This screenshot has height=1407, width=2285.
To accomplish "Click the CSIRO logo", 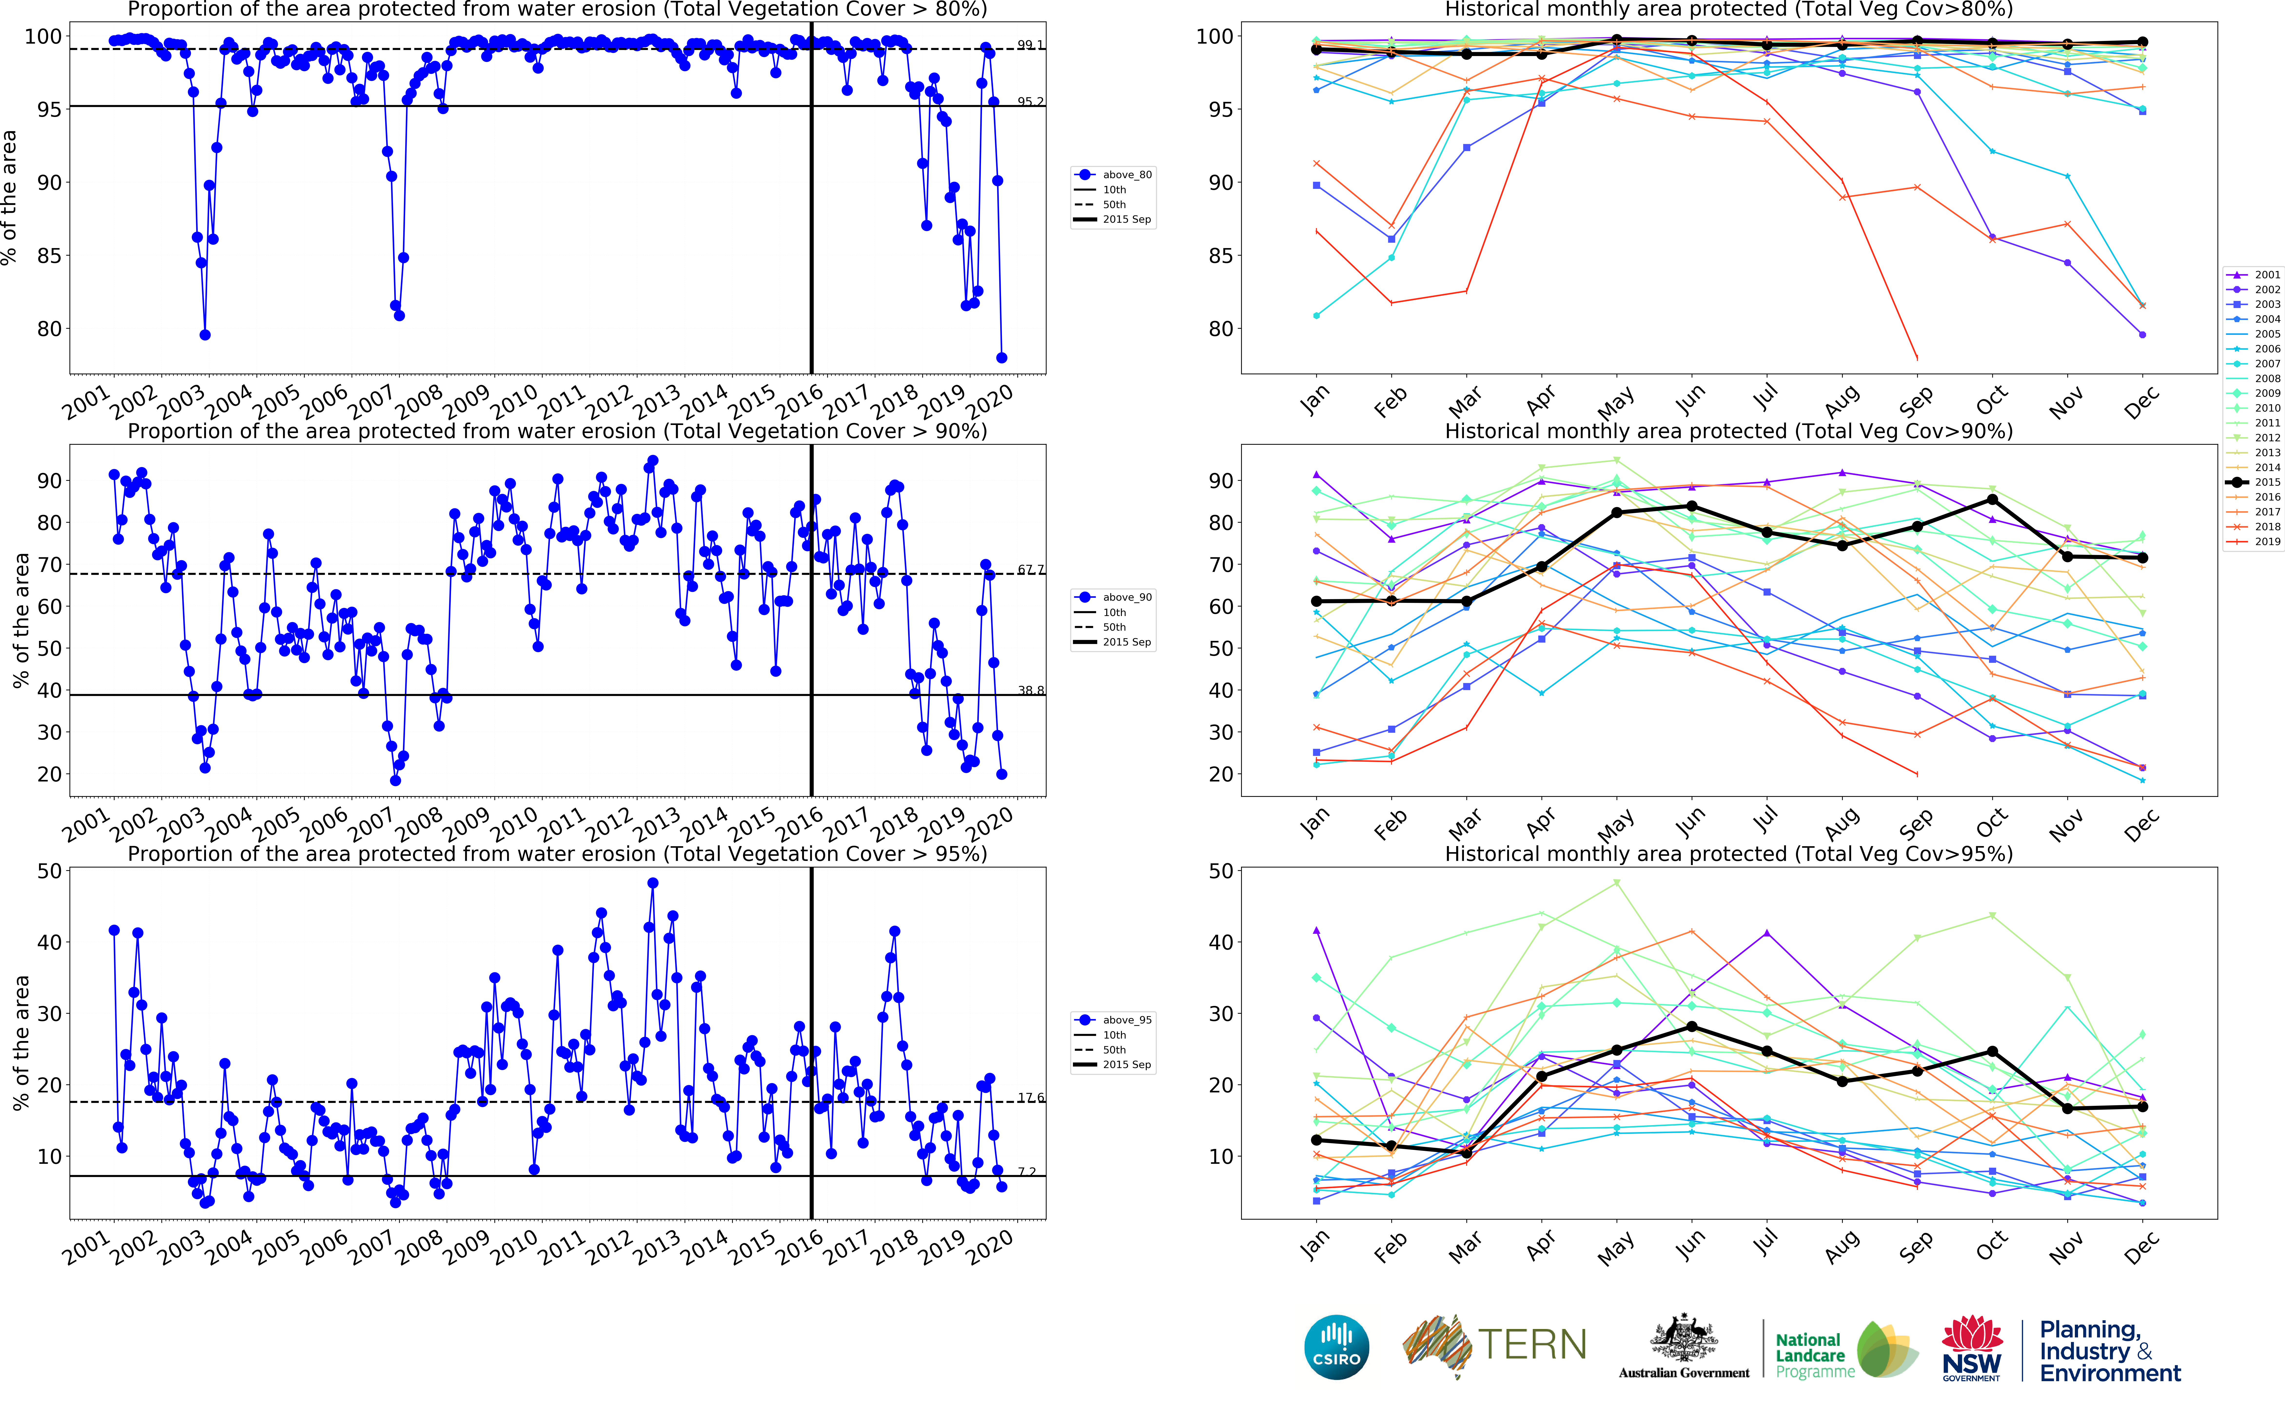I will coord(1337,1347).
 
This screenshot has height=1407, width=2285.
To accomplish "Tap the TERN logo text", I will coord(1532,1345).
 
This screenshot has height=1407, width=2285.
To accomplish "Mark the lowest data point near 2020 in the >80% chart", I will coord(1001,357).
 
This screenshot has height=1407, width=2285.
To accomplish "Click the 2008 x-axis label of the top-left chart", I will coord(419,402).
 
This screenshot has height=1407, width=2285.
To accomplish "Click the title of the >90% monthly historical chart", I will coord(1728,431).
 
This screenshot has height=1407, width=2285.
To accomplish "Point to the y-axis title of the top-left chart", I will coord(9,197).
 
